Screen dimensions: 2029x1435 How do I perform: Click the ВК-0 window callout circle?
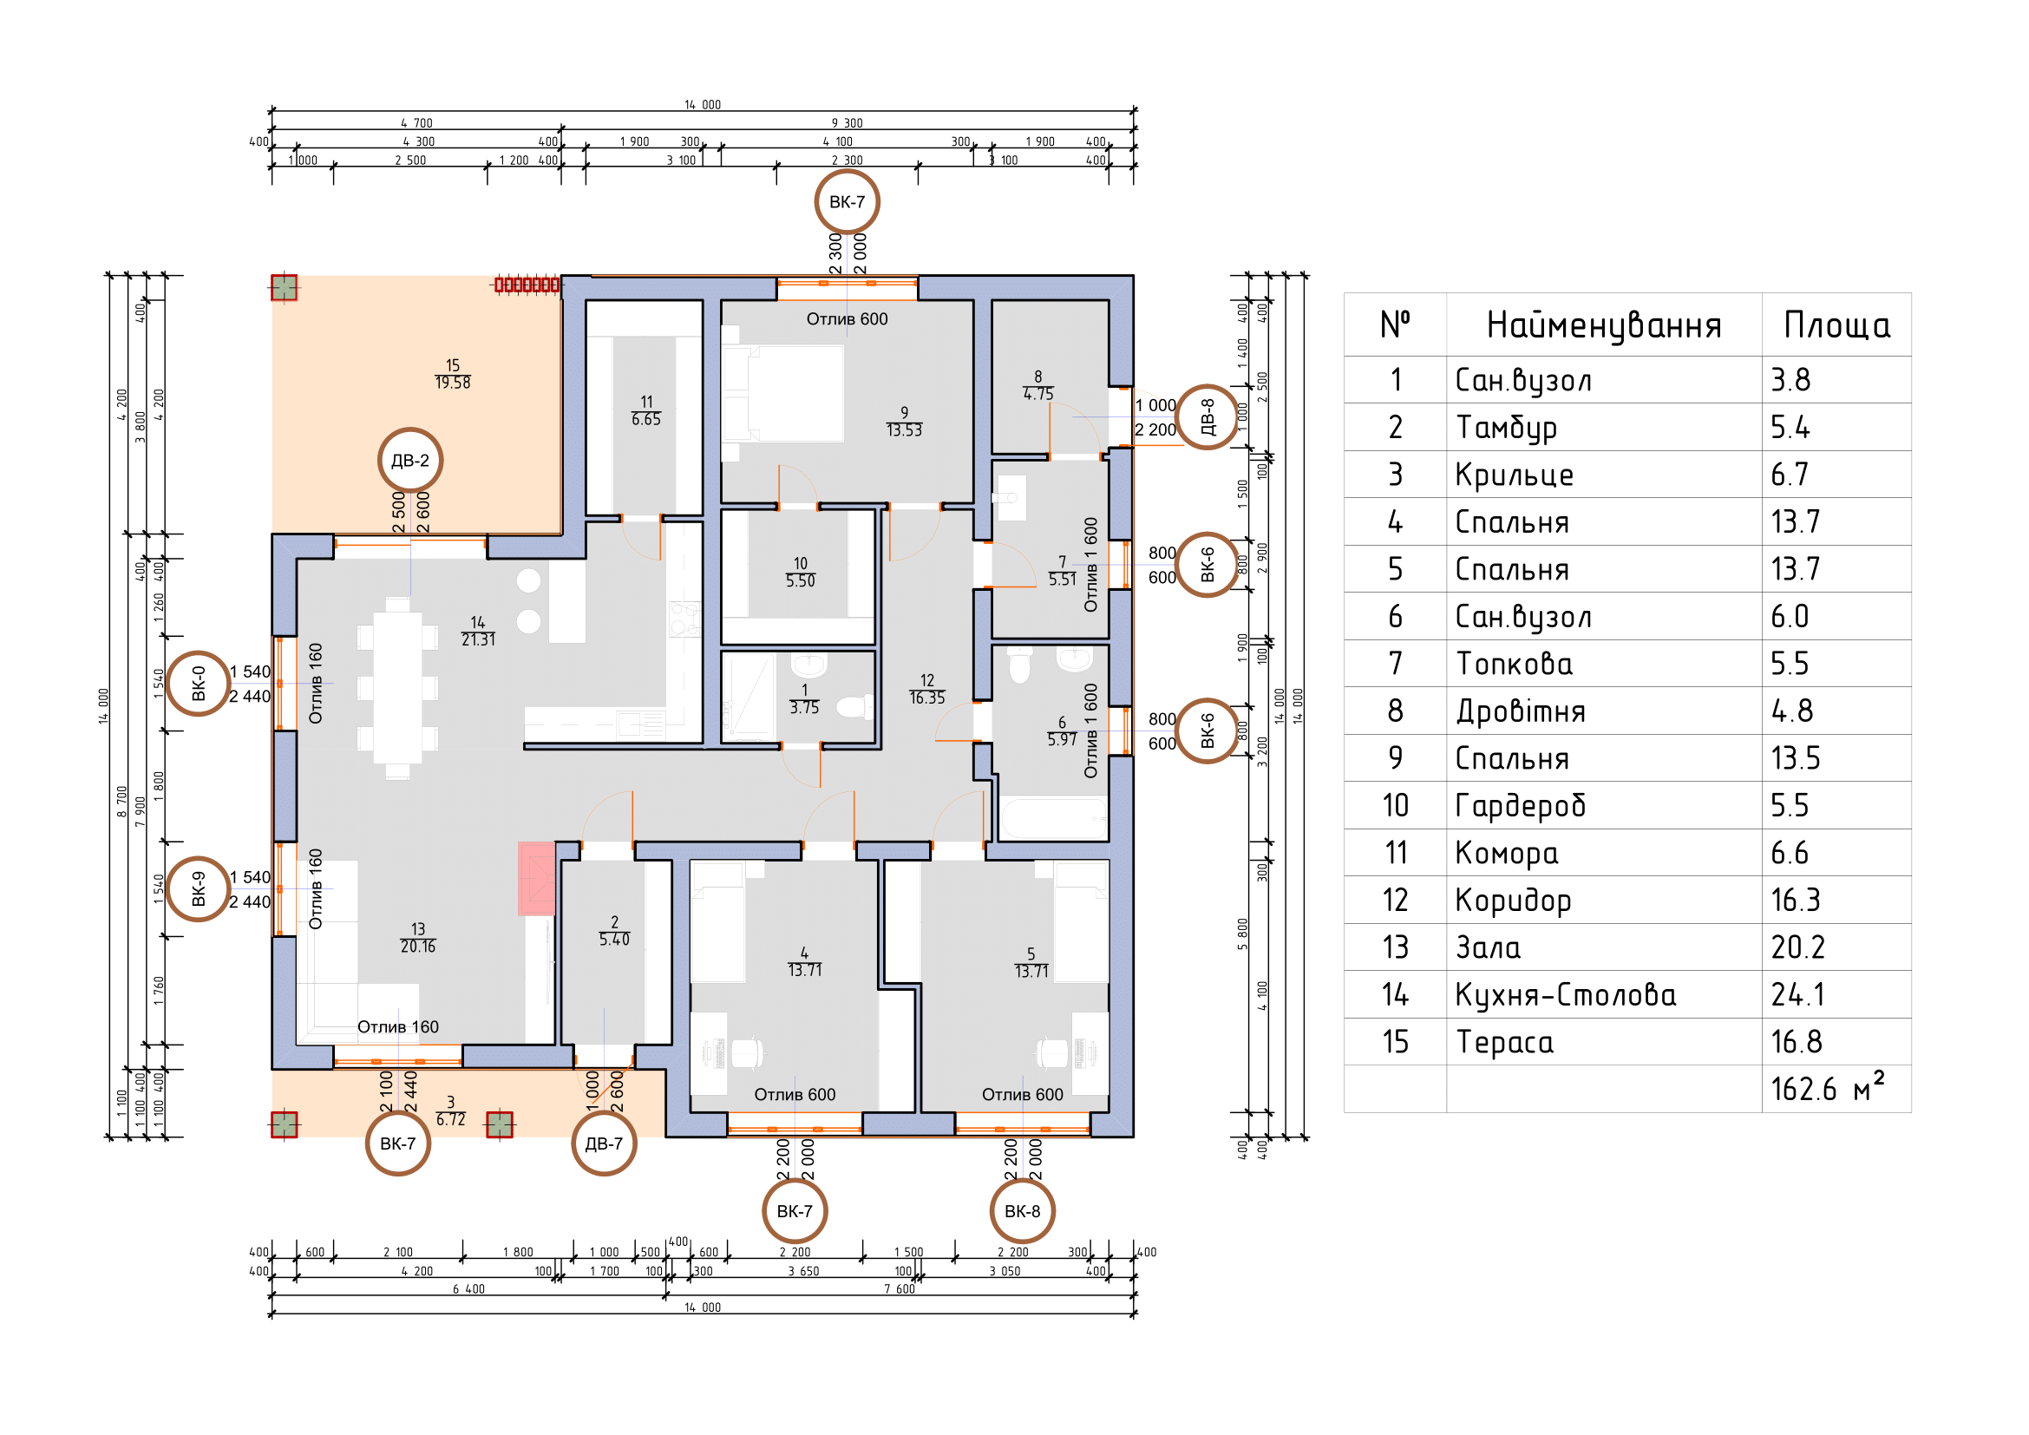[199, 684]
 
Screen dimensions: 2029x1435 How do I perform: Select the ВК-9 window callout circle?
[199, 889]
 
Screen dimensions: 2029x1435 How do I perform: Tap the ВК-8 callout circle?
[1023, 1211]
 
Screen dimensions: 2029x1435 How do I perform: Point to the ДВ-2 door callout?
[410, 461]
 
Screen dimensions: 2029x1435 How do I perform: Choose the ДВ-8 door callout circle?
[1208, 417]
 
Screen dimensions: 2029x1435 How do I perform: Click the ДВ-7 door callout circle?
[605, 1143]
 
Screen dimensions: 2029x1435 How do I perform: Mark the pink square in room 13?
[536, 878]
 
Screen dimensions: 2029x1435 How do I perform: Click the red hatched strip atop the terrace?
[527, 285]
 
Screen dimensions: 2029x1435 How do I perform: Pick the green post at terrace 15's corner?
[284, 288]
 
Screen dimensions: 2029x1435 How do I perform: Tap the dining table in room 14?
[397, 687]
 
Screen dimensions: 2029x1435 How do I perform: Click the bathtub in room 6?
[1053, 818]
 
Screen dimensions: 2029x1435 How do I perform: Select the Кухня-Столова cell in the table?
[1565, 995]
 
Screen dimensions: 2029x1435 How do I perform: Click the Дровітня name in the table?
[1520, 711]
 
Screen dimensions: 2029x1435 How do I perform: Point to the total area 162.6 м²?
[1827, 1087]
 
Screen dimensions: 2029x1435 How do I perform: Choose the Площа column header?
[1836, 325]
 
